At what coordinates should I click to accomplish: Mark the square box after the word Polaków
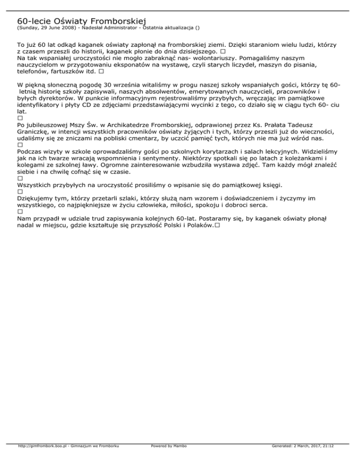click(x=218, y=225)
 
